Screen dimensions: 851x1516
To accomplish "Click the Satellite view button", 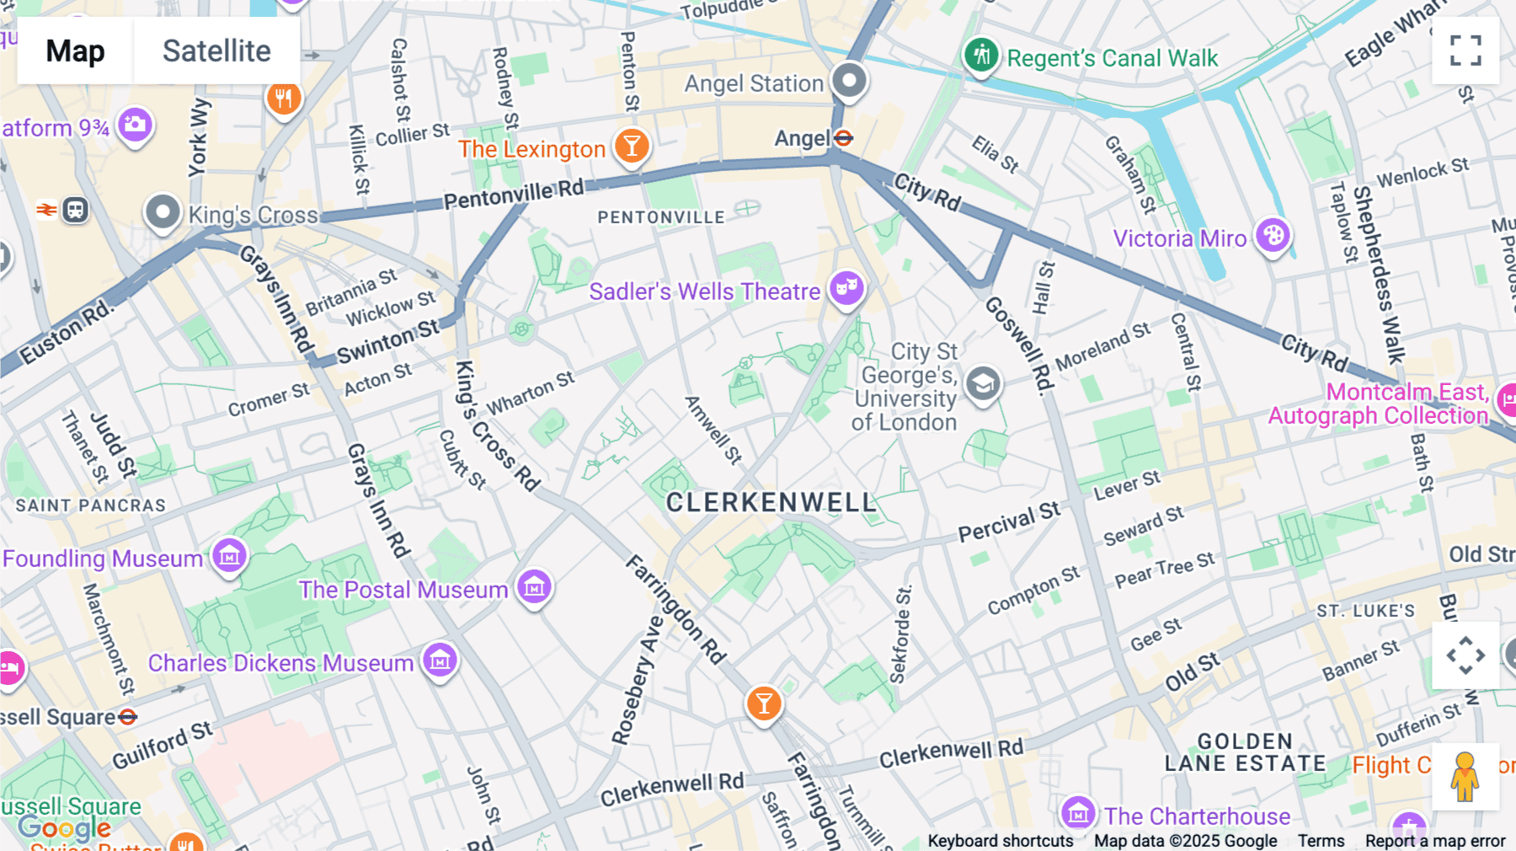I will pos(216,51).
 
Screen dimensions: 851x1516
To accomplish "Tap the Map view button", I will pos(75,51).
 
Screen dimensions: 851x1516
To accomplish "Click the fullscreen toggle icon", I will pos(1465,51).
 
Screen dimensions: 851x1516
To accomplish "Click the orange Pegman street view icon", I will pos(1465,776).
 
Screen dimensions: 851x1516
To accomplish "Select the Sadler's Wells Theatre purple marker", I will pos(846,288).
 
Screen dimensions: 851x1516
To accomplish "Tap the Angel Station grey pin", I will pos(849,81).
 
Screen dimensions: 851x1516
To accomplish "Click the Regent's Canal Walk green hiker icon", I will pos(981,56).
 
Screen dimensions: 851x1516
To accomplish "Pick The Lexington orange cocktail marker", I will pos(631,146).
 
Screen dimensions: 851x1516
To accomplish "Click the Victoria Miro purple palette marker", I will pos(1273,235).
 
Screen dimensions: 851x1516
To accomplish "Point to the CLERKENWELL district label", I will pos(771,502).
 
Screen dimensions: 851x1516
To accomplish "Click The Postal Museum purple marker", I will pos(534,586).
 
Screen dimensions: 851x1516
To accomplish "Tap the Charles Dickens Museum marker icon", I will pos(440,661).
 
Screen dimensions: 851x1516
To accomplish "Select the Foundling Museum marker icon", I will pos(229,555).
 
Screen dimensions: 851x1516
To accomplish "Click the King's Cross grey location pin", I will pos(163,211).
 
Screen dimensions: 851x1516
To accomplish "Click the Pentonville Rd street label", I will pos(513,195).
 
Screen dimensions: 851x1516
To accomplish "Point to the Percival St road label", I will pos(1009,522).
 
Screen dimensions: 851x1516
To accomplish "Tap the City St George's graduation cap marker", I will pos(982,384).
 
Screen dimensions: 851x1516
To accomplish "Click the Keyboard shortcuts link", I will pos(1000,840).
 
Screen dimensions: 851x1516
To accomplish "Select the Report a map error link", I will pos(1434,840).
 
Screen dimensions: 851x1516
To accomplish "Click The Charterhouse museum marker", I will pos(1077,814).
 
